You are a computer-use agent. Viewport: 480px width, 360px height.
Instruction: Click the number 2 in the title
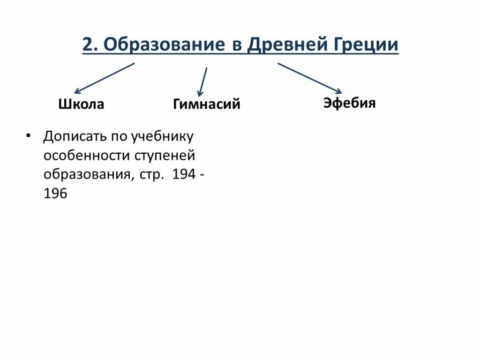(x=88, y=45)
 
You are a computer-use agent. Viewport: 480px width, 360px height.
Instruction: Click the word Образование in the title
(x=163, y=45)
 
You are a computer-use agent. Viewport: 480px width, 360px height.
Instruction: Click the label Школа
(x=81, y=104)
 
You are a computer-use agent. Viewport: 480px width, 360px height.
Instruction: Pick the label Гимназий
(x=207, y=104)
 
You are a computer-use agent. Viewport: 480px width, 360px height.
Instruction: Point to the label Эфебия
(x=350, y=103)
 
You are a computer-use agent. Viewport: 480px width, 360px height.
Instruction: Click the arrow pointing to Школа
(x=104, y=78)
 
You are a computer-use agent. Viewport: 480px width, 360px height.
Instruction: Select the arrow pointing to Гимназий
(x=202, y=82)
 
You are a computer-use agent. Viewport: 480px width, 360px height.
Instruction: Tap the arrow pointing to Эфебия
(x=310, y=78)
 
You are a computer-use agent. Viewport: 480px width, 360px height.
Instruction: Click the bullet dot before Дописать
(x=28, y=135)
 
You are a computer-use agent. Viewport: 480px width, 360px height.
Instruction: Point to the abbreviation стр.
(x=151, y=175)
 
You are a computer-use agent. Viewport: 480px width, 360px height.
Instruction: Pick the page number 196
(x=55, y=193)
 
